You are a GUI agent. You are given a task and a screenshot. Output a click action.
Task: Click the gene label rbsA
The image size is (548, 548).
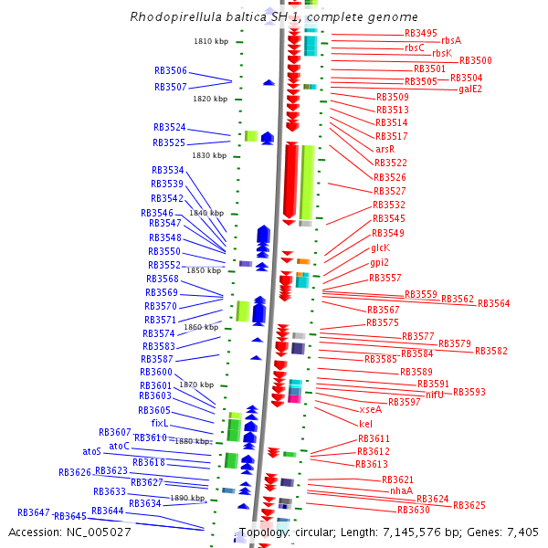click(450, 40)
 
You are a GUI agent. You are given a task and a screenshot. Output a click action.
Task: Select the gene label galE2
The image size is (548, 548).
click(470, 89)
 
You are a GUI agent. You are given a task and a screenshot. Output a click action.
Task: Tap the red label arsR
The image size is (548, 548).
click(385, 149)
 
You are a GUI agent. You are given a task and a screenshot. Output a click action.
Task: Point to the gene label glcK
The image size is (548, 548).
click(380, 248)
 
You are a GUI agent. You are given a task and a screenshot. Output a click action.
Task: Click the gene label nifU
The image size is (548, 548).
click(434, 395)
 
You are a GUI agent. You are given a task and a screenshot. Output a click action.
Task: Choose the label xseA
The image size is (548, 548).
click(370, 410)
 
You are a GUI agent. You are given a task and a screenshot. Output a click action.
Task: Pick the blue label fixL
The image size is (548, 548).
click(160, 424)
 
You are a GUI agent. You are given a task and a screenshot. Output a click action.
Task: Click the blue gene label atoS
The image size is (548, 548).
click(91, 451)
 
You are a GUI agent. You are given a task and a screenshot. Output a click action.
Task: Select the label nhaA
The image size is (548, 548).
click(401, 490)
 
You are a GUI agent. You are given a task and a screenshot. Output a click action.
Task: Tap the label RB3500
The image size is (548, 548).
click(475, 60)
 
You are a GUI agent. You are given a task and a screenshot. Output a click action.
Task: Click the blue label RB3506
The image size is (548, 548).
click(170, 70)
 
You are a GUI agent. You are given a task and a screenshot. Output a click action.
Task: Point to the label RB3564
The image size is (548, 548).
click(493, 303)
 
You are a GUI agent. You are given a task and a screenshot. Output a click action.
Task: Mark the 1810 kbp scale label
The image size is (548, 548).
click(210, 41)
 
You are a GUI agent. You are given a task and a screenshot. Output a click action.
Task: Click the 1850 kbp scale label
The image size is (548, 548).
click(204, 270)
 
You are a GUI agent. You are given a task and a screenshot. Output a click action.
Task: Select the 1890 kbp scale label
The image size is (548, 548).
click(187, 498)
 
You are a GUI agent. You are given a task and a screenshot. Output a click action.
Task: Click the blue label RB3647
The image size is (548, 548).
click(33, 512)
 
